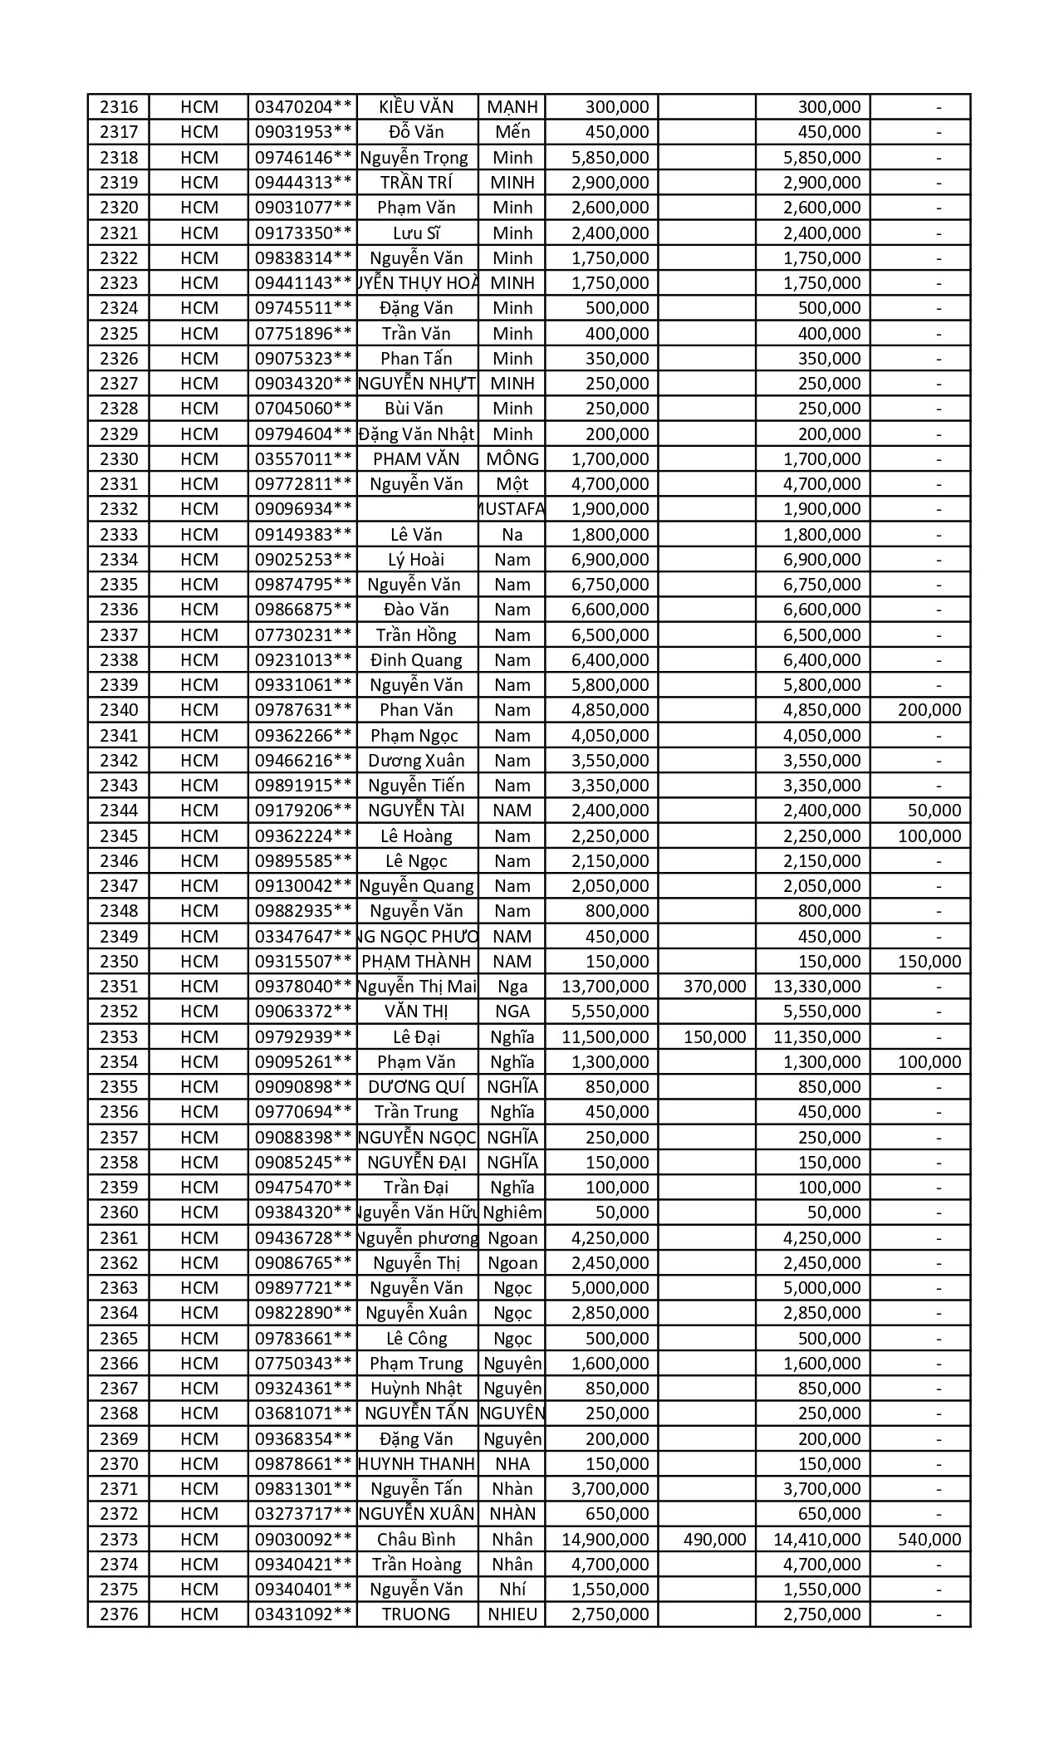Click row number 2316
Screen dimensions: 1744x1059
pyautogui.click(x=118, y=107)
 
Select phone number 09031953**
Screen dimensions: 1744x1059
pyautogui.click(x=303, y=132)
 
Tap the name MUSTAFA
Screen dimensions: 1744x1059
pyautogui.click(x=512, y=509)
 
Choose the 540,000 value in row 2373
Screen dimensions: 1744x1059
pyautogui.click(x=929, y=1539)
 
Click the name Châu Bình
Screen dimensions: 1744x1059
pyautogui.click(x=416, y=1539)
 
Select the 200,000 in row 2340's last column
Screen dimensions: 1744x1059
pyautogui.click(x=929, y=710)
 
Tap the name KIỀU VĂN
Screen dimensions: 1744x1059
pyautogui.click(x=416, y=107)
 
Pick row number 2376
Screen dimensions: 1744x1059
pyautogui.click(x=118, y=1614)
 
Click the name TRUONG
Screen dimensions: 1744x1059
pyautogui.click(x=416, y=1614)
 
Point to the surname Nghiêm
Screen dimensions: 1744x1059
pyautogui.click(x=512, y=1212)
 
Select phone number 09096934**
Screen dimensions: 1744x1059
pyautogui.click(x=303, y=509)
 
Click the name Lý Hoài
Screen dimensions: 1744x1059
pyautogui.click(x=416, y=560)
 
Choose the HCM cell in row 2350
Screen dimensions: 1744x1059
pyautogui.click(x=199, y=962)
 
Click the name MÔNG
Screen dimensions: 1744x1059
pyautogui.click(x=512, y=459)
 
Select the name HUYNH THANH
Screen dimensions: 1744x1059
pyautogui.click(x=416, y=1463)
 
